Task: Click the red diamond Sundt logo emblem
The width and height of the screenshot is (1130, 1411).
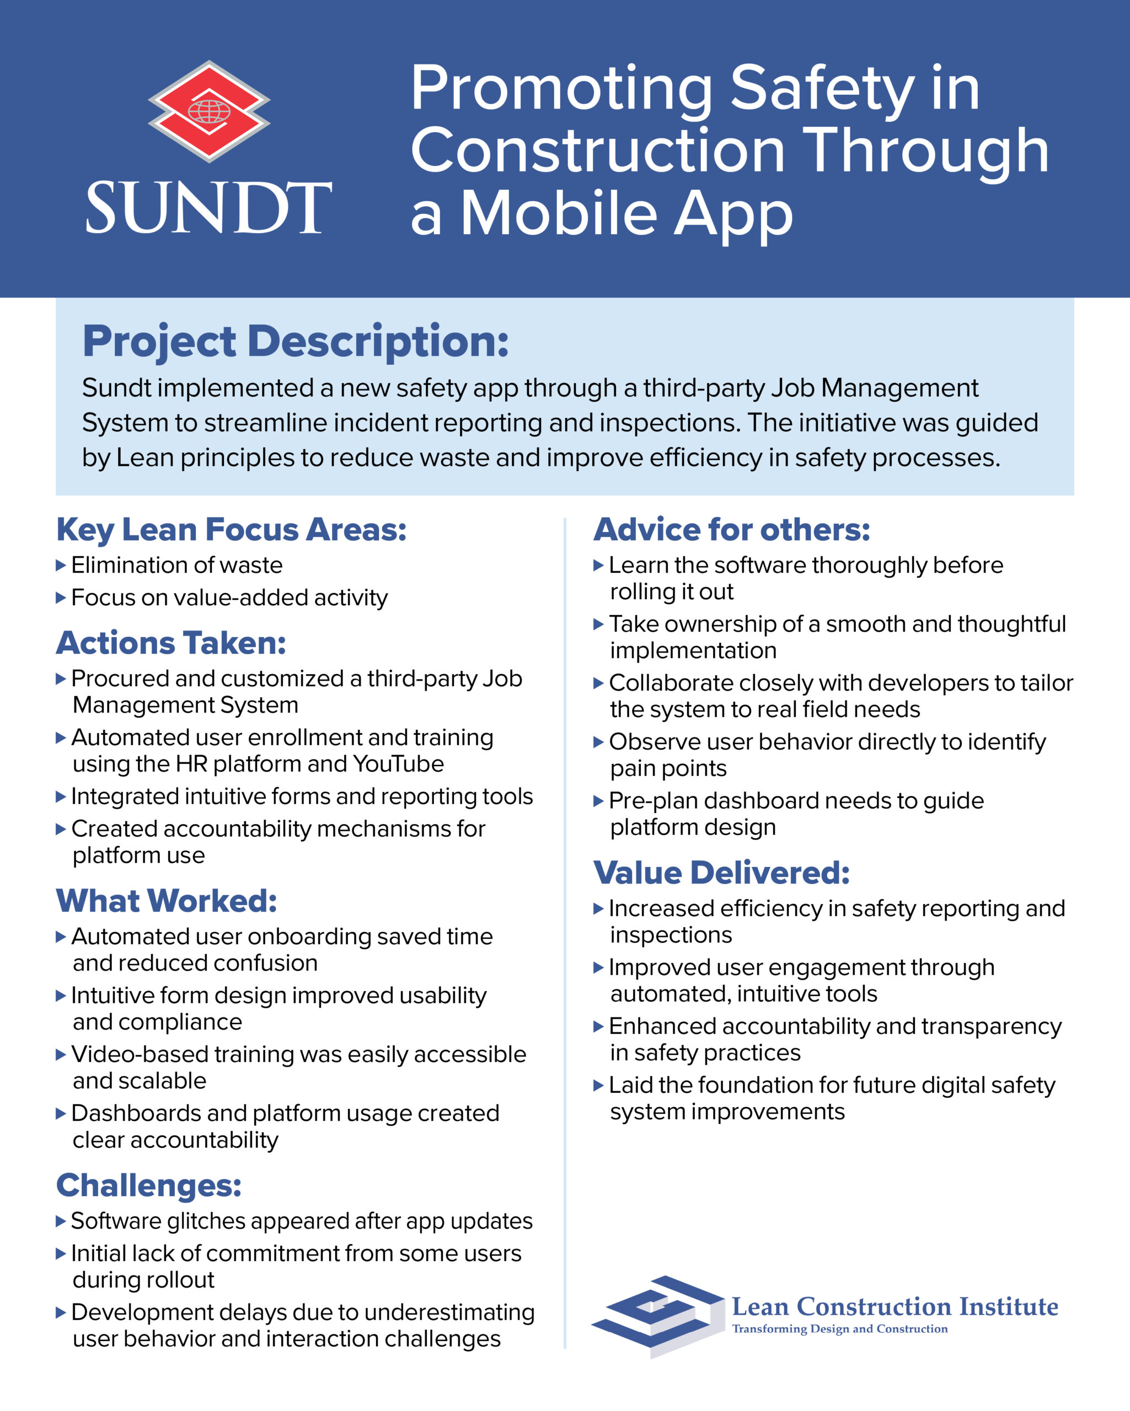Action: pos(209,111)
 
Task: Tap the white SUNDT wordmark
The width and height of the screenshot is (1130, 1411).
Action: pos(209,208)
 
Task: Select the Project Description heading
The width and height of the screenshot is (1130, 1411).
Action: pos(295,342)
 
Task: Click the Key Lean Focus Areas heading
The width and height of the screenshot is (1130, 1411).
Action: pos(231,530)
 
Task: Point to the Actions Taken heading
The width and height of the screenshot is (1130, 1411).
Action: pos(171,643)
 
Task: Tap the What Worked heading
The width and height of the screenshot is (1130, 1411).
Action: pos(167,901)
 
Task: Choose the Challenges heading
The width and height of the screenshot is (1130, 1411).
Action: pos(148,1185)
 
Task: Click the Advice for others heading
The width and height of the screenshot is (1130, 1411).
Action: pos(731,530)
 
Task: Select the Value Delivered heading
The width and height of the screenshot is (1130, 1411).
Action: pos(721,873)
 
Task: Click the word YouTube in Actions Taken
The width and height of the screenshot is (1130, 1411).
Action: pos(398,764)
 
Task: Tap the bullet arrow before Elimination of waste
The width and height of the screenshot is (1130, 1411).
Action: pos(61,565)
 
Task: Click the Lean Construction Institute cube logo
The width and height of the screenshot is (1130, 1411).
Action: pos(658,1316)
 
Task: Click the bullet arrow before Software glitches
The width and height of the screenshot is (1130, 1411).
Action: pos(61,1221)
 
